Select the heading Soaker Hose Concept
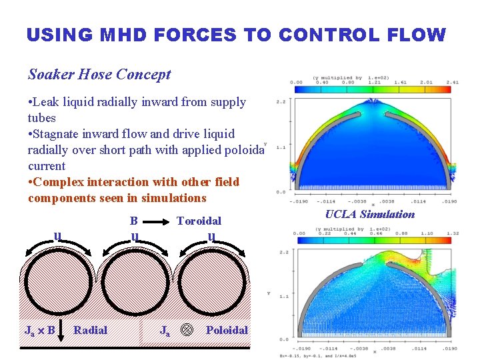pyautogui.click(x=99, y=75)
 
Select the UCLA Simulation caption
pyautogui.click(x=369, y=214)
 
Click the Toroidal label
pyautogui.click(x=199, y=221)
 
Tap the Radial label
pyautogui.click(x=90, y=330)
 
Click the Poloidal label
pyautogui.click(x=227, y=330)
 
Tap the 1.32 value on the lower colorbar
pyautogui.click(x=451, y=233)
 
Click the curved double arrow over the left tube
pyautogui.click(x=57, y=249)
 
